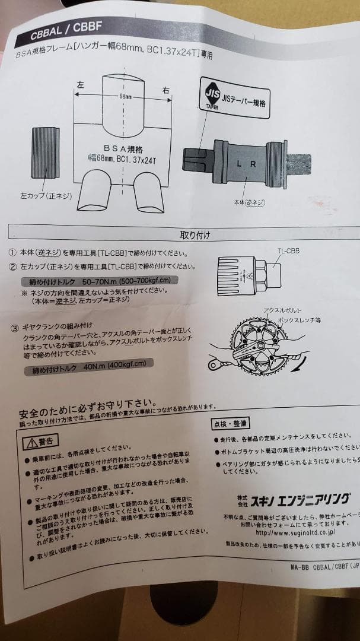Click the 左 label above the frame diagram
pos(80,85)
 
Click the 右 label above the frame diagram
pos(165,90)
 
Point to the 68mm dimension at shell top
pos(125,96)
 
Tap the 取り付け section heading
pos(195,234)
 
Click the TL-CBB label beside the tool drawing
pos(288,250)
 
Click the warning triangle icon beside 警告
pos(31,442)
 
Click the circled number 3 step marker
pos(14,327)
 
